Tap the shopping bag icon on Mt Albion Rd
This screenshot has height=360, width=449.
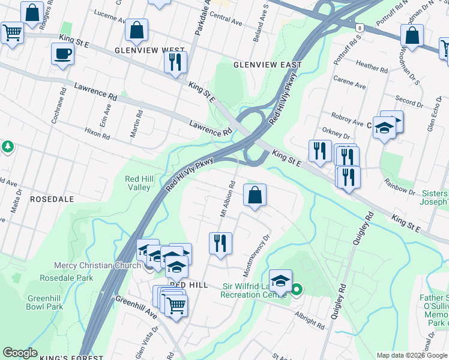coord(255,195)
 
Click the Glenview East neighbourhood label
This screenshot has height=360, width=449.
coord(267,64)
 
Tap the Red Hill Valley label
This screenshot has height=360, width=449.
coord(137,183)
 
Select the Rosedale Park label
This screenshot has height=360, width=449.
coord(67,278)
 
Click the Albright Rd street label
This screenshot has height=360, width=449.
coord(310,319)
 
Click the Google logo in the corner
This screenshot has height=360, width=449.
coord(20,353)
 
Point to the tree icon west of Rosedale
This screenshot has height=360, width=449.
coord(7,147)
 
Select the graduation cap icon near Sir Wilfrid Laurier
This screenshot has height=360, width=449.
coord(280,280)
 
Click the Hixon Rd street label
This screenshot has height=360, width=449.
coord(97,133)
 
